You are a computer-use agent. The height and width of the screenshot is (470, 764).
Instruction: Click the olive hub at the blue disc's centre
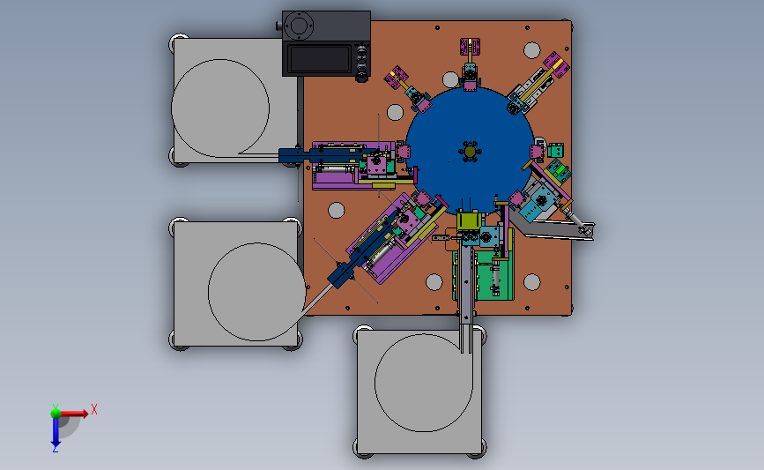point(470,152)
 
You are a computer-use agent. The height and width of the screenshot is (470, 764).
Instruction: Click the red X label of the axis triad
point(94,409)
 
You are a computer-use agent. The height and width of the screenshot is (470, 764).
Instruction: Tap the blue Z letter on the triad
point(55,449)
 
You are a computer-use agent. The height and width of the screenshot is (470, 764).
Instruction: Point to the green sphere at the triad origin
point(56,414)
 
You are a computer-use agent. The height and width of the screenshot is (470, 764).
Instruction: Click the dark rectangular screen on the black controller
point(319,58)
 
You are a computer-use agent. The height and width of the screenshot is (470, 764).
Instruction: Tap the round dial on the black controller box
point(298,26)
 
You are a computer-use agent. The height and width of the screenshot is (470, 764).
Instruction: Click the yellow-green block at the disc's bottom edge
point(469,220)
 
